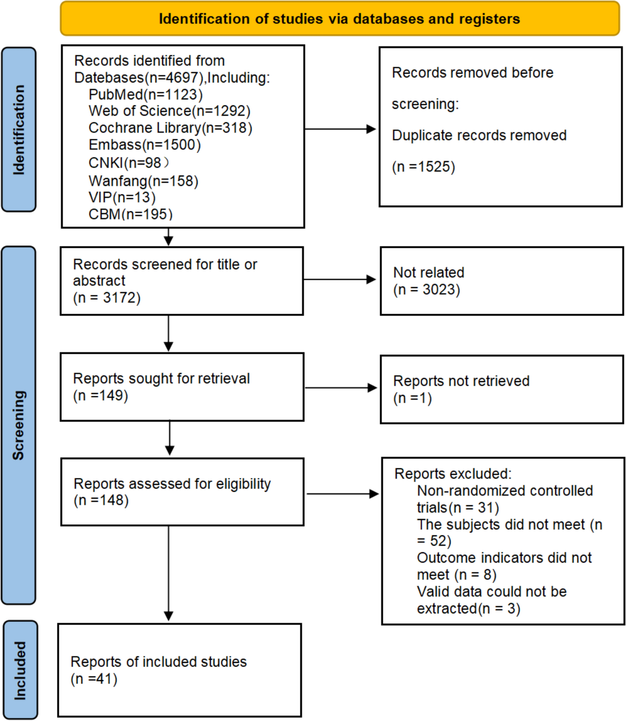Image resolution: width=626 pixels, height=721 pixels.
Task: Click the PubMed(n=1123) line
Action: pos(145,94)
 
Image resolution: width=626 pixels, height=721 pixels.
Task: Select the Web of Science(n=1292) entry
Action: pos(169,111)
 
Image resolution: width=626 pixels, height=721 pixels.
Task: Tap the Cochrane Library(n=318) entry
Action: pos(170,128)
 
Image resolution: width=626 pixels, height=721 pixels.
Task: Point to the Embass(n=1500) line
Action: pos(145,145)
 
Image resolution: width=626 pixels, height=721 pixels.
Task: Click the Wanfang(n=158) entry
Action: pos(143,181)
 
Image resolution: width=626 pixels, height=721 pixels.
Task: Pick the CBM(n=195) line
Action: pos(130,214)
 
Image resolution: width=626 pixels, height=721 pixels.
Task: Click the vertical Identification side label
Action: pos(19,129)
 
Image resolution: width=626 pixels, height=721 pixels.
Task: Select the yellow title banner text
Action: pos(339,19)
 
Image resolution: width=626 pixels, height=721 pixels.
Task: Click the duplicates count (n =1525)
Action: pos(423,167)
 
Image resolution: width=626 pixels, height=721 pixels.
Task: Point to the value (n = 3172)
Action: pos(106,298)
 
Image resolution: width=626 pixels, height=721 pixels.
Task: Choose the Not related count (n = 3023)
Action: pos(427,290)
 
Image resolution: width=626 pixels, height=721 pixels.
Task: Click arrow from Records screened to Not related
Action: pos(339,279)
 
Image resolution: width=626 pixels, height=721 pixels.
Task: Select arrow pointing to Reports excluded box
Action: pos(342,494)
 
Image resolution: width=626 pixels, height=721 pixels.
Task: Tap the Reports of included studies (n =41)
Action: pos(158,670)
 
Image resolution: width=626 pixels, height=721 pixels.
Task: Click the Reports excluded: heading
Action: pos(453,474)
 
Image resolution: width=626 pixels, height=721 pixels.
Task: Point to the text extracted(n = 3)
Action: pos(468,609)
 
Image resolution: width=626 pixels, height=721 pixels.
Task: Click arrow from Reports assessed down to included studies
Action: pos(169,572)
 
